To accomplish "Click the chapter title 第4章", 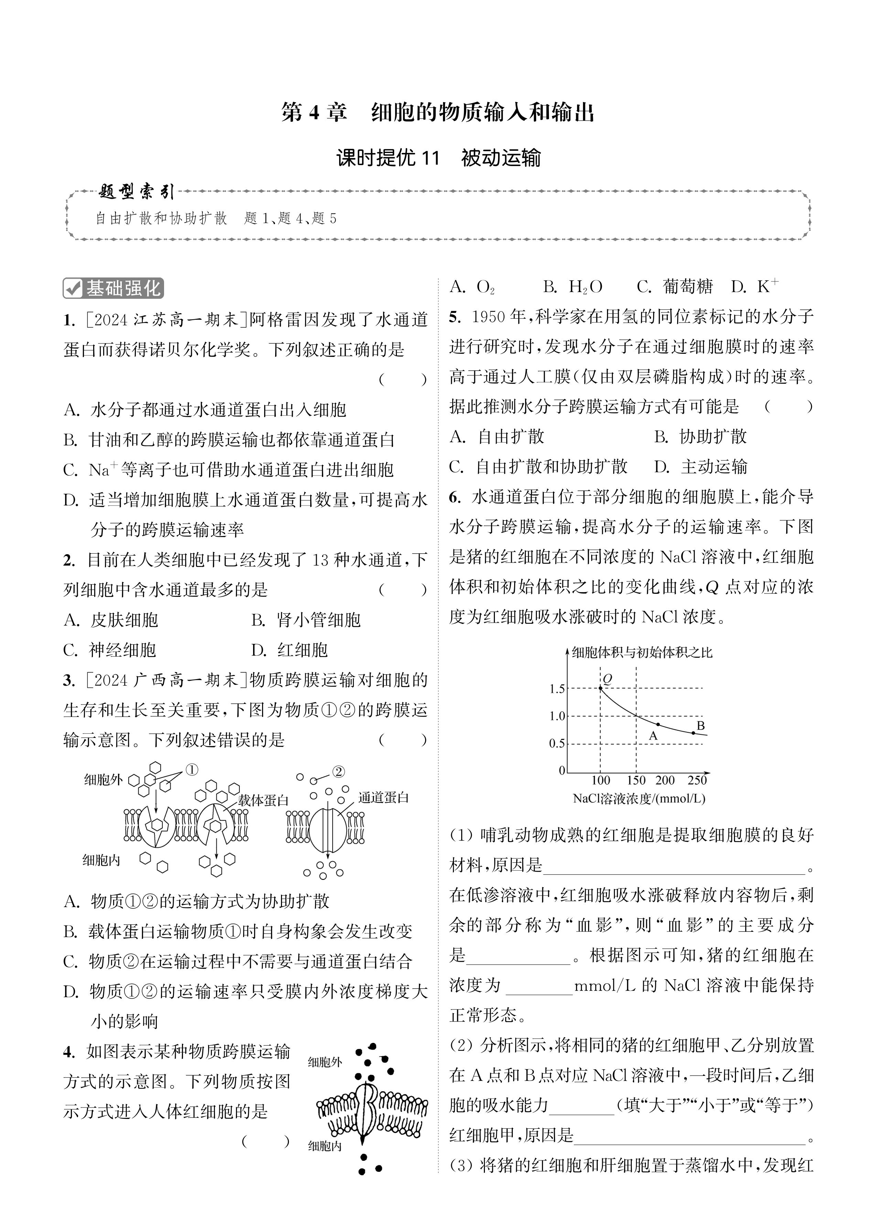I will coord(314,113).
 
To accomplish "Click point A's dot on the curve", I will coord(658,724).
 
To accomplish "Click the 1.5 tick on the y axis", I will coord(557,689).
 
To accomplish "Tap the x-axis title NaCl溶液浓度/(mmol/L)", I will coord(639,798).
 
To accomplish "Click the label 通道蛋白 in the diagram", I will coord(383,797).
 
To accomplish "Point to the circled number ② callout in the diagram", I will coord(338,772).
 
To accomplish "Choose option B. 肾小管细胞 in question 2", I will coord(306,620).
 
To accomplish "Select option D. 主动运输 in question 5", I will coord(701,467).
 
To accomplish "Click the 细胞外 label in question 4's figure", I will coord(325,1062).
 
